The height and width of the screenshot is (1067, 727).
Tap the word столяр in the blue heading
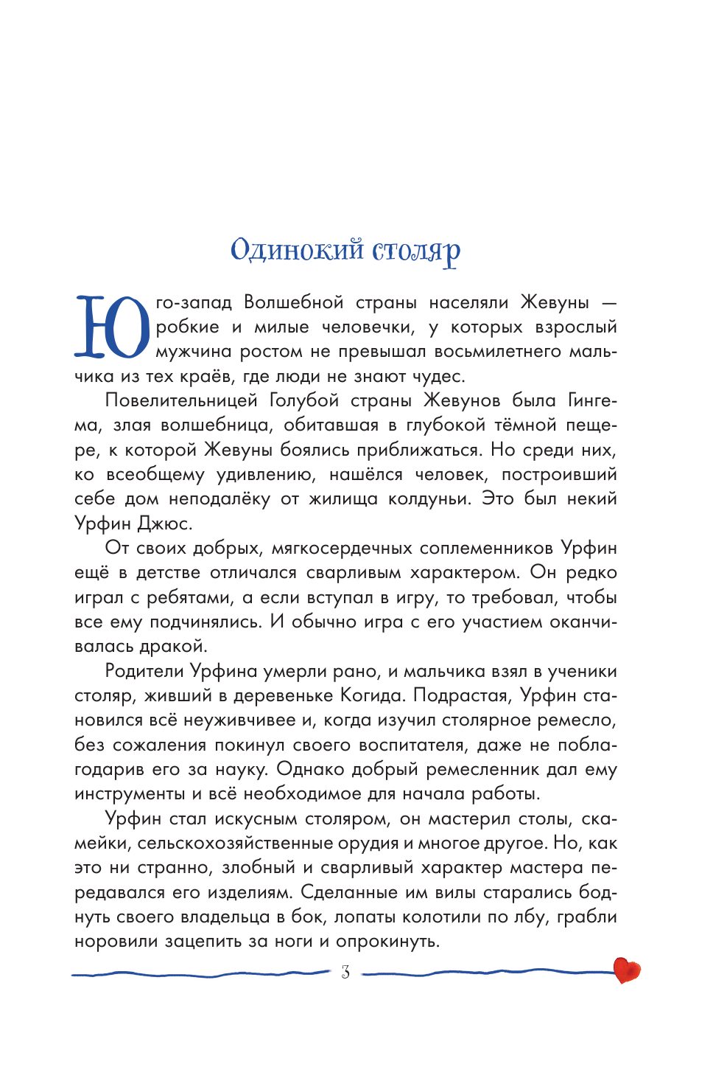pyautogui.click(x=416, y=251)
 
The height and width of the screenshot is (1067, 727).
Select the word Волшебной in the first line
pyautogui.click(x=294, y=302)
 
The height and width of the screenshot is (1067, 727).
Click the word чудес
pyautogui.click(x=439, y=376)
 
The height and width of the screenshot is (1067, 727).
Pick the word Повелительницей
pyautogui.click(x=181, y=400)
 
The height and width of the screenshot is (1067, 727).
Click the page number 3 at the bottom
pyautogui.click(x=345, y=973)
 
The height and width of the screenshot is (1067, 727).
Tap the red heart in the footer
pyautogui.click(x=626, y=970)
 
